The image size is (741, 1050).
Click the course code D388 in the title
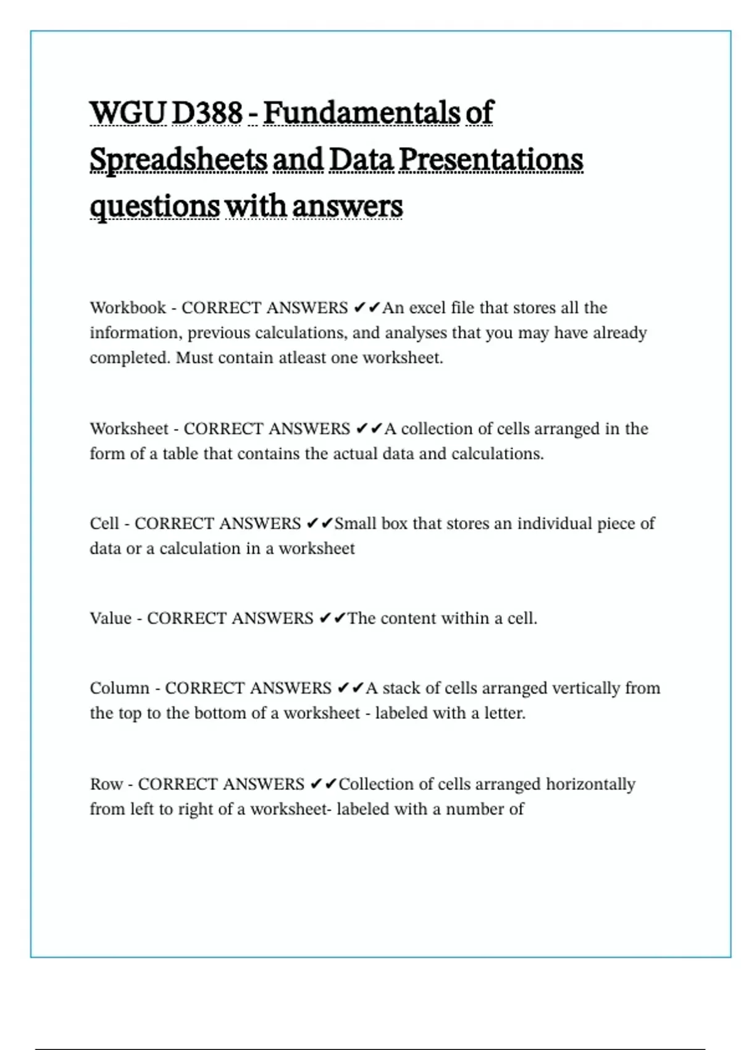[207, 113]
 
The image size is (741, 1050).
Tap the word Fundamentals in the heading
[362, 113]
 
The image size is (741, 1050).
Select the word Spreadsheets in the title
[178, 160]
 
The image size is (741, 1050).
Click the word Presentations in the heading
[491, 160]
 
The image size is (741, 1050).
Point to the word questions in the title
[154, 207]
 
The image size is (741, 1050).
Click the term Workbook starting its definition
[128, 308]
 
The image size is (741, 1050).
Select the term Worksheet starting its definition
[129, 429]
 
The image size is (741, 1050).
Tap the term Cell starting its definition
[104, 524]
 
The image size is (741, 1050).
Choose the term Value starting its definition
[111, 618]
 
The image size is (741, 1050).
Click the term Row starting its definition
[106, 784]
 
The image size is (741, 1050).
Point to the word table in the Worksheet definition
[180, 454]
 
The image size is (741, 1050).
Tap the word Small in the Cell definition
[355, 524]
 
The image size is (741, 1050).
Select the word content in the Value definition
[408, 618]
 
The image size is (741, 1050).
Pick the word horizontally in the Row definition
[590, 784]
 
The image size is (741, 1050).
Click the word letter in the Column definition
[504, 713]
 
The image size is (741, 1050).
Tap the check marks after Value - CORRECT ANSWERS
[332, 618]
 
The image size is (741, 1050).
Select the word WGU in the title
[128, 113]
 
